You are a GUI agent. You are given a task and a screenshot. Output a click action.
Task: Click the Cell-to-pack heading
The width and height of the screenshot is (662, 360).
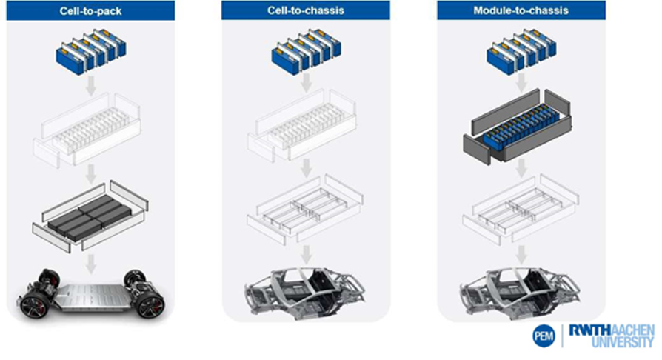(90, 10)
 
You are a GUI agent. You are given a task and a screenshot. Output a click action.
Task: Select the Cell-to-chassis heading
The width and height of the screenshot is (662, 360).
(305, 10)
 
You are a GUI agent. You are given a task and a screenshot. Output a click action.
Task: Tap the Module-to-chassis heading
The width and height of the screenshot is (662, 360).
(521, 10)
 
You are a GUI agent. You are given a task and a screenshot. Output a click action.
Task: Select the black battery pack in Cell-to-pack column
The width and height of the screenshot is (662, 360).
(90, 214)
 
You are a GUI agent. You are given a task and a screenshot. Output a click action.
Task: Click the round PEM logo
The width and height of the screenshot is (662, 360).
(543, 336)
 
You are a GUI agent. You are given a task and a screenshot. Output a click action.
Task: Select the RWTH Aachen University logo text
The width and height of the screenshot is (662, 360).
(610, 336)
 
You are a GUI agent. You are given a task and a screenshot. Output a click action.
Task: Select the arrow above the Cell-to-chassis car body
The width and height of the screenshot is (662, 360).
(305, 253)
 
